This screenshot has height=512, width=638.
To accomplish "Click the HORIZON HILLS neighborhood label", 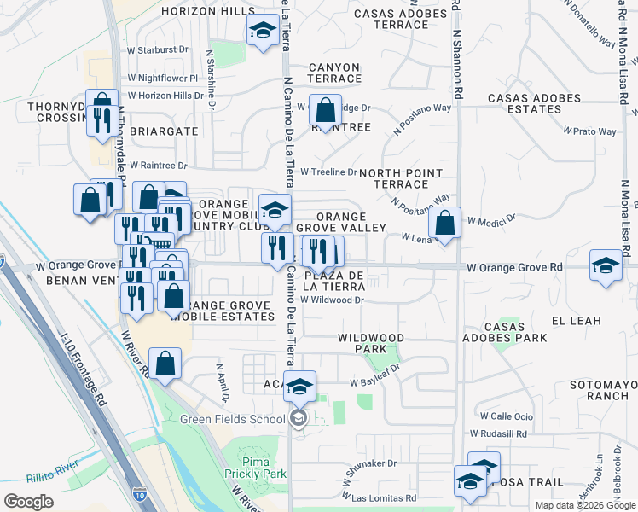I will click(x=201, y=11).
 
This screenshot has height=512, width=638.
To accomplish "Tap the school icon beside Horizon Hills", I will click(x=262, y=32).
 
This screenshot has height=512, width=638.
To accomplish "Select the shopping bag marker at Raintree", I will click(x=325, y=111).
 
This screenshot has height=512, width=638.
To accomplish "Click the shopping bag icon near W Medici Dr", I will click(x=444, y=224).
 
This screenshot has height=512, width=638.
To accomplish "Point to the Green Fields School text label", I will click(x=232, y=419).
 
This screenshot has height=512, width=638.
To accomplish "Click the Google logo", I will click(x=28, y=501).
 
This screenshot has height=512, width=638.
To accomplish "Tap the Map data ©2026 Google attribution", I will click(x=584, y=505).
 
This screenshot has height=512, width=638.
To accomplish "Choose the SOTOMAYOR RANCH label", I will click(x=605, y=390).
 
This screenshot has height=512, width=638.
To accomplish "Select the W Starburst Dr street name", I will click(x=157, y=49).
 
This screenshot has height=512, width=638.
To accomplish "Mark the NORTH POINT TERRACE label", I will click(x=400, y=177).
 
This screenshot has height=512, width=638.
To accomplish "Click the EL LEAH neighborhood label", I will click(x=577, y=321).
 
